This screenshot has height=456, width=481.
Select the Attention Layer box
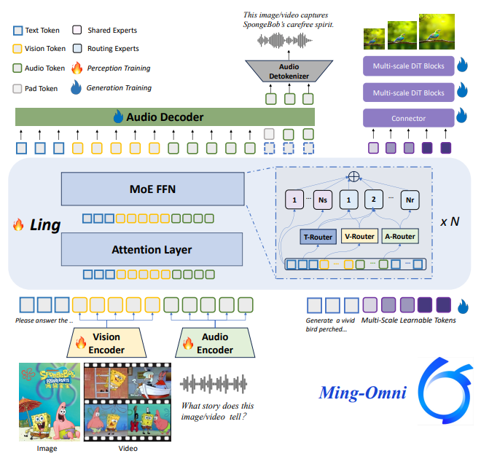coord(152,250)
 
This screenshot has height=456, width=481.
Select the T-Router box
coord(317,237)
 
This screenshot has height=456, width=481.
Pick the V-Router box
coord(359,237)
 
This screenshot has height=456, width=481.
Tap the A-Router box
coord(400,237)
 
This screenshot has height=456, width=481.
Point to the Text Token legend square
coord(18,31)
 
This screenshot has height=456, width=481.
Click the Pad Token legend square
coord(18,88)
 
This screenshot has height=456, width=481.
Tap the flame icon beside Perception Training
coord(77,69)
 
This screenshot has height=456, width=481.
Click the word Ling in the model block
coord(46,224)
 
